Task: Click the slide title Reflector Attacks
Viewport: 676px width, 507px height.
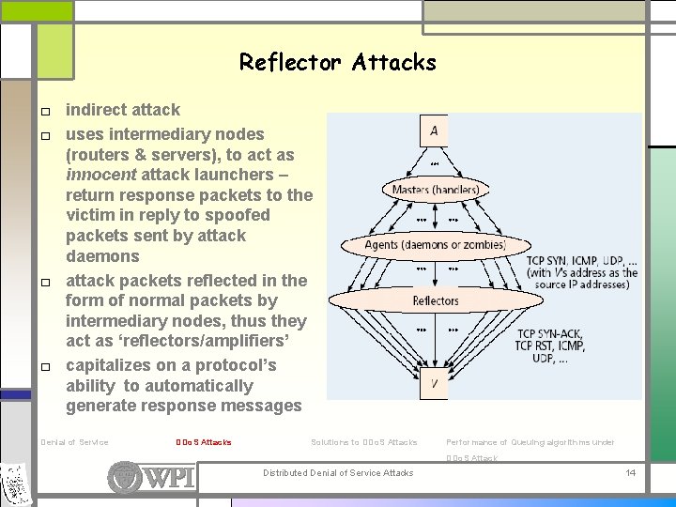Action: point(337,63)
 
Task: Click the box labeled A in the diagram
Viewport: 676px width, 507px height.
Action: point(433,131)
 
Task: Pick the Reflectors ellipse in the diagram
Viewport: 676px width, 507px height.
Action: point(435,301)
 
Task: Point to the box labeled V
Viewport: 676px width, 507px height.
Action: point(433,382)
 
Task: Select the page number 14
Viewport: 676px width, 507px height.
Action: point(631,472)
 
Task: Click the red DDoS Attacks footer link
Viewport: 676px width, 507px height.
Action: point(203,442)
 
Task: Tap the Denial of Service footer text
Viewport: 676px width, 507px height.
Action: point(75,442)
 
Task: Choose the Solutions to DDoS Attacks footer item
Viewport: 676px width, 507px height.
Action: point(363,442)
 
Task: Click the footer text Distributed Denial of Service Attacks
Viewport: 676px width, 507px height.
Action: point(338,472)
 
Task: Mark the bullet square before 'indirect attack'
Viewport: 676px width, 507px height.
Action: point(45,112)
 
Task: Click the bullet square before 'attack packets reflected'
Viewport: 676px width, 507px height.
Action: point(45,283)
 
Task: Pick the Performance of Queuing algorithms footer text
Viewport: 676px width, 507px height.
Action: point(530,442)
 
